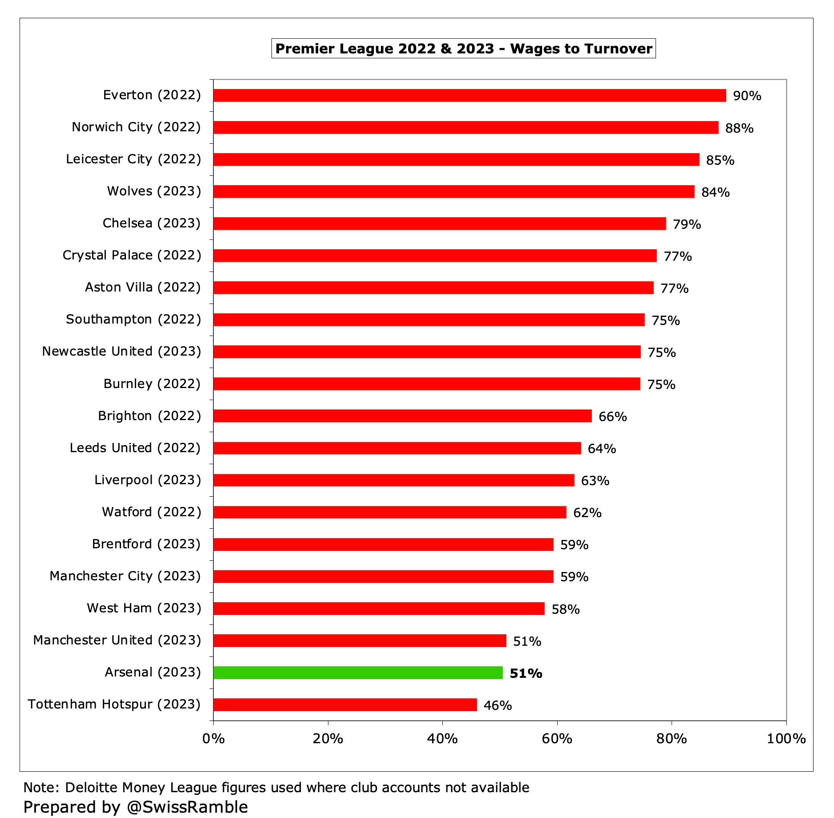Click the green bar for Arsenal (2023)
(x=358, y=672)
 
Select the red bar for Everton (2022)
(x=470, y=95)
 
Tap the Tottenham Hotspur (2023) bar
(x=345, y=705)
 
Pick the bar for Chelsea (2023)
(x=440, y=223)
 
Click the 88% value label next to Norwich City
(x=739, y=128)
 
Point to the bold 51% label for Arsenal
(x=526, y=673)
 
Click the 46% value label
(x=498, y=705)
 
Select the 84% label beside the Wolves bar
(x=715, y=192)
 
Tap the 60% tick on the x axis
(x=557, y=739)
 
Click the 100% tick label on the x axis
(x=786, y=739)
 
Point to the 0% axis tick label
(x=213, y=739)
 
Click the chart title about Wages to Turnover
(x=463, y=49)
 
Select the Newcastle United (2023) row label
(x=121, y=352)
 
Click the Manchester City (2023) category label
(x=125, y=576)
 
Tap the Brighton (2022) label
(x=150, y=416)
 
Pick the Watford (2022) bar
(x=390, y=512)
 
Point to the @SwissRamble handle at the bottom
(x=187, y=807)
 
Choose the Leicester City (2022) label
(x=134, y=159)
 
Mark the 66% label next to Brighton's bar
(x=612, y=417)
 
